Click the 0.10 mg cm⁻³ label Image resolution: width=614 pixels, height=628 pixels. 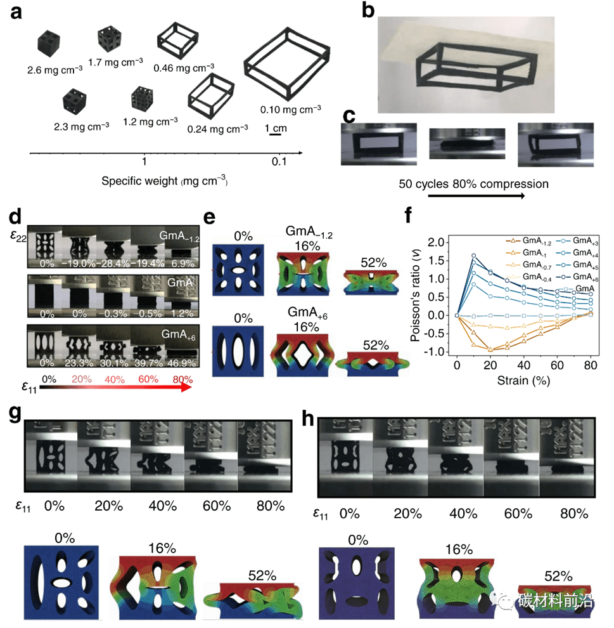point(291,108)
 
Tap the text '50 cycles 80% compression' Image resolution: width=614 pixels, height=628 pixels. point(473,184)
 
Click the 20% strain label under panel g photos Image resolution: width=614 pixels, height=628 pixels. point(106,506)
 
